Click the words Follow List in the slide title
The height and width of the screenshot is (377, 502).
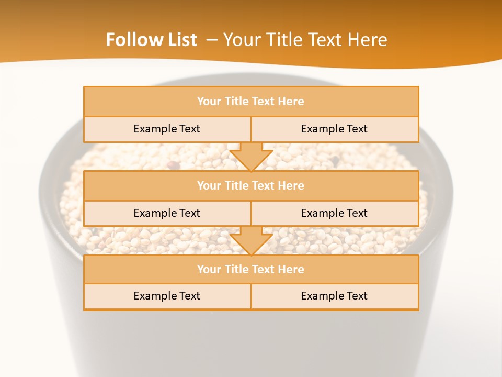tap(151, 40)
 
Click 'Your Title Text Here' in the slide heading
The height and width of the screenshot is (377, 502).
tap(305, 40)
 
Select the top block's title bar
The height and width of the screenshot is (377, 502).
tap(251, 102)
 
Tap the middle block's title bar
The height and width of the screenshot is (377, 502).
tap(251, 186)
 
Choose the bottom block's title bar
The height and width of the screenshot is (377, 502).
tap(251, 270)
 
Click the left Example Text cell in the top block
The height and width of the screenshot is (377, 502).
tap(167, 129)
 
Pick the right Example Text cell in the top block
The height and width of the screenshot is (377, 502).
tap(334, 129)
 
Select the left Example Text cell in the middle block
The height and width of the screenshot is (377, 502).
tap(167, 213)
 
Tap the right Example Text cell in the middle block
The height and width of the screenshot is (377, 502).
tap(334, 213)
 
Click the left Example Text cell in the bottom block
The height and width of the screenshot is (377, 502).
tap(167, 296)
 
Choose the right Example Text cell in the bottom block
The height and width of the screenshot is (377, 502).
tap(334, 296)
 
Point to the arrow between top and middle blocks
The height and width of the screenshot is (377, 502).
tap(251, 157)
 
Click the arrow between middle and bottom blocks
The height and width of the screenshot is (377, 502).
tap(251, 241)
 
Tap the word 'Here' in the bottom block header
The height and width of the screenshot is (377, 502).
tap(291, 270)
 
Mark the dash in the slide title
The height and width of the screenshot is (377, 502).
tap(212, 40)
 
